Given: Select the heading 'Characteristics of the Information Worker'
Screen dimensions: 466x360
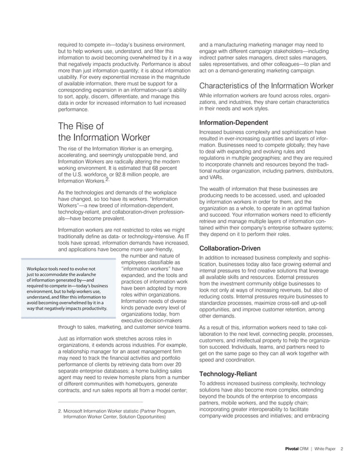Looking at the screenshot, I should point(266,86).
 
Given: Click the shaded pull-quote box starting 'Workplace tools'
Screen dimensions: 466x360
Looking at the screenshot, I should point(67,289).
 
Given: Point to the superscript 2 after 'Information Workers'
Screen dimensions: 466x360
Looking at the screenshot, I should point(107,180).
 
